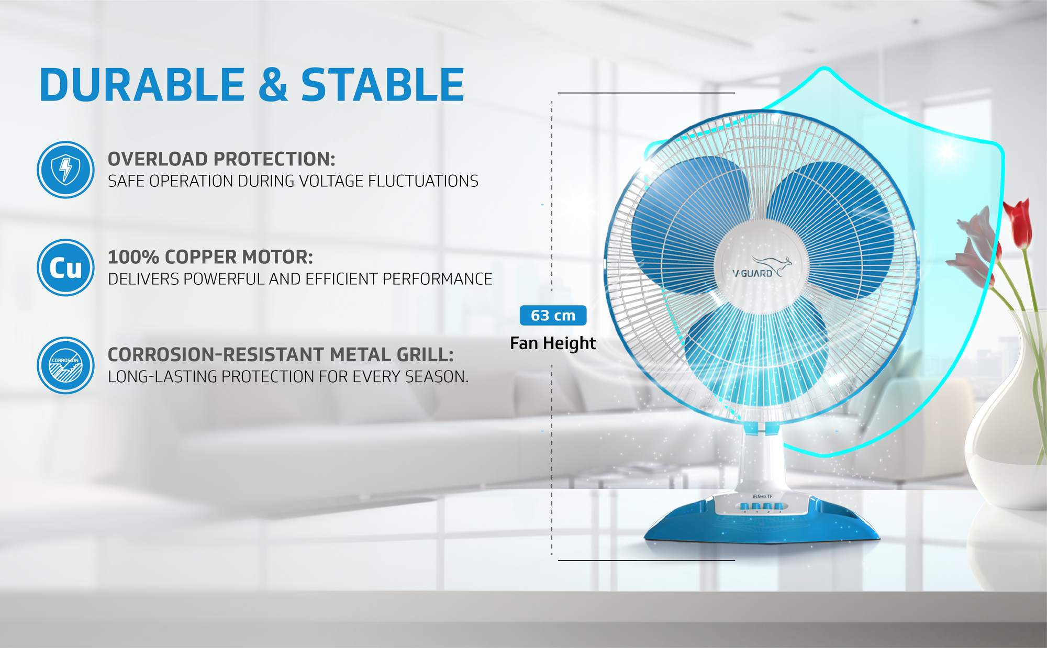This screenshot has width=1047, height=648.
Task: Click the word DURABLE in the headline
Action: (142, 85)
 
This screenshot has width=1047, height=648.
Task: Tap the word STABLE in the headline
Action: (383, 85)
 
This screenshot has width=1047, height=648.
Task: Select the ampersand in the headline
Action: (273, 85)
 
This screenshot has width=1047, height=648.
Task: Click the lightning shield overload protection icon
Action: (65, 170)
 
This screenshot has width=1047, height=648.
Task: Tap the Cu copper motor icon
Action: (65, 267)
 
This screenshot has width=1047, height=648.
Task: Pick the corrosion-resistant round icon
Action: (65, 365)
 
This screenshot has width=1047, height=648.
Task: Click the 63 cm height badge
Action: (553, 315)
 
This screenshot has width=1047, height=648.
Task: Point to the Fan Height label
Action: (553, 343)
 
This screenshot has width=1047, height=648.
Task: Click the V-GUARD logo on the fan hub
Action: (762, 267)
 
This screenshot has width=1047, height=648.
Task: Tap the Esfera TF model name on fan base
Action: (762, 496)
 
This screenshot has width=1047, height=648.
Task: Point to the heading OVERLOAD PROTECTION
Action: (221, 159)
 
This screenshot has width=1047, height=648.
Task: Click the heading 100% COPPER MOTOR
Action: (210, 257)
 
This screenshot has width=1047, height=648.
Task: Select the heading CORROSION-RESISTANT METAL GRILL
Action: (281, 354)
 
